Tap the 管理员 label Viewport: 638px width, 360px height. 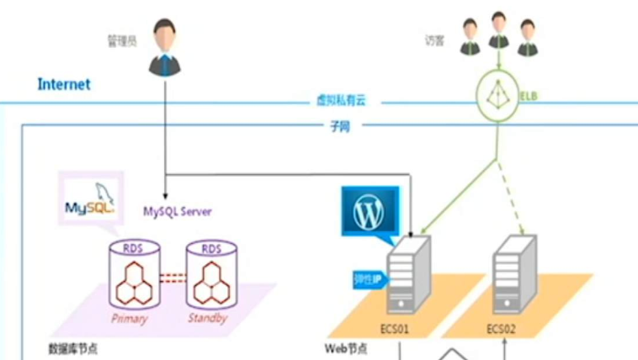[122, 39]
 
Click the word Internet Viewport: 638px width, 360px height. [64, 85]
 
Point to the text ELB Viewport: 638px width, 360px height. [529, 96]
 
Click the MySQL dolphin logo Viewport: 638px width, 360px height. [90, 199]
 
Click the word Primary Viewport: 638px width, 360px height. [130, 319]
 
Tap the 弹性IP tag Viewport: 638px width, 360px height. [367, 278]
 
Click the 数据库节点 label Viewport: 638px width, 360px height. [72, 348]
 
